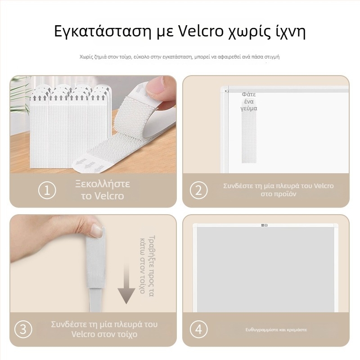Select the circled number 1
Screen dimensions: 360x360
pyautogui.click(x=47, y=190)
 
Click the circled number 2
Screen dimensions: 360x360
pyautogui.click(x=199, y=190)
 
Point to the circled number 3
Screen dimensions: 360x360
pyautogui.click(x=23, y=329)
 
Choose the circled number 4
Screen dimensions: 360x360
pyautogui.click(x=199, y=329)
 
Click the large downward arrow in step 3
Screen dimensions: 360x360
pyautogui.click(x=126, y=283)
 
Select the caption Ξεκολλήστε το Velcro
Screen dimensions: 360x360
pyautogui.click(x=103, y=190)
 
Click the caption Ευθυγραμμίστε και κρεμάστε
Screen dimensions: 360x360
pyautogui.click(x=276, y=330)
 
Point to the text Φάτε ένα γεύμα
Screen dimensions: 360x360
pyautogui.click(x=249, y=102)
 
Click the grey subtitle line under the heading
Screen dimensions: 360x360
pyautogui.click(x=180, y=57)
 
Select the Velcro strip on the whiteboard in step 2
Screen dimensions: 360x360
pyautogui.click(x=249, y=137)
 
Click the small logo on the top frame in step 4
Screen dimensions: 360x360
pyautogui.click(x=265, y=225)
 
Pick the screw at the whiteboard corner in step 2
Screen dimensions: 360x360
pyautogui.click(x=226, y=91)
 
